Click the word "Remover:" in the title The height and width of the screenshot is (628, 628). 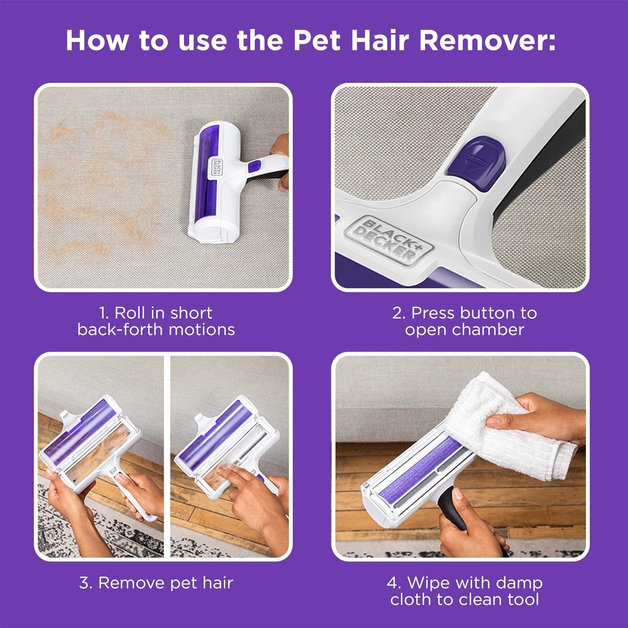tap(488, 41)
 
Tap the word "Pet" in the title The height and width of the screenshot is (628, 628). tap(317, 41)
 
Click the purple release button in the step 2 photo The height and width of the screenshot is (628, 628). tap(476, 158)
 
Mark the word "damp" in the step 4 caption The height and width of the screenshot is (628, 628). tap(521, 583)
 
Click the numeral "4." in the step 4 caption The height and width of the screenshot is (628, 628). tap(394, 583)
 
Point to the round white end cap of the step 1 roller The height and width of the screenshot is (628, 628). tap(205, 231)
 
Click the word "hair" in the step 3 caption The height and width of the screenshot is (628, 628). tap(217, 583)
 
